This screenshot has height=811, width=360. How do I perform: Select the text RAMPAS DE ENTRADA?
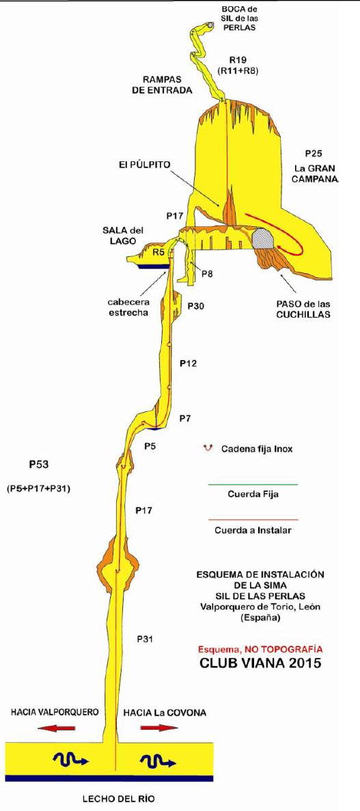167,84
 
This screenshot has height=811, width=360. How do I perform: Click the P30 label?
195,306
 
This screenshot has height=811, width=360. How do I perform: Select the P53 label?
39,464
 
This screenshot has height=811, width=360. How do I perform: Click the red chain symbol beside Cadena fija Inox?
208,448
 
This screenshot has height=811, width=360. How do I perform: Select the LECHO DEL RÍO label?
118,799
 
